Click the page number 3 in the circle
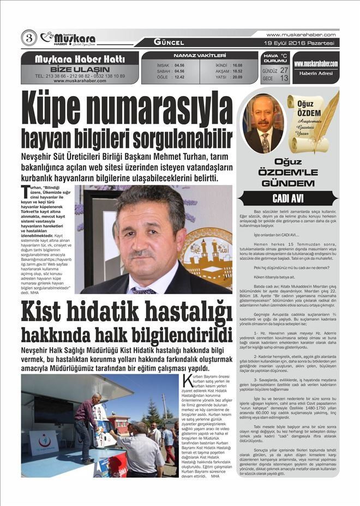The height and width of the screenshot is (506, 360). click(x=28, y=38)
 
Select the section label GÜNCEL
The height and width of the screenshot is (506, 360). click(x=169, y=42)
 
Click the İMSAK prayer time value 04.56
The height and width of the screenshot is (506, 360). click(x=179, y=65)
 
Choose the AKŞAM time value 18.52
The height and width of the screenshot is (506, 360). click(x=237, y=71)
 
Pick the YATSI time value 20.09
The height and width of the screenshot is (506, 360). click(x=237, y=77)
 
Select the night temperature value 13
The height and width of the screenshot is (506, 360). click(x=284, y=78)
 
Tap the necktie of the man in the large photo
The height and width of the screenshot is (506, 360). click(x=142, y=290)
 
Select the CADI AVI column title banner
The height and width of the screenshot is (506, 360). click(x=287, y=199)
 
